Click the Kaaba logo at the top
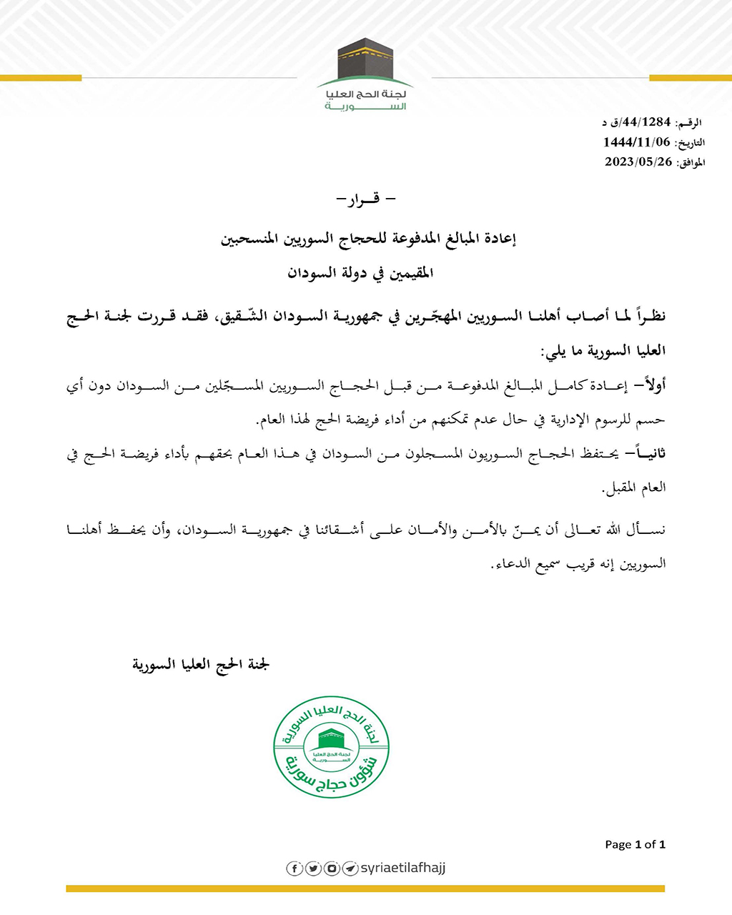(365, 61)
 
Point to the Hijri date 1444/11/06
(637, 142)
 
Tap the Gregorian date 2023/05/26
(638, 162)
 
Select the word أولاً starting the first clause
(653, 386)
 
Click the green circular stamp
(332, 747)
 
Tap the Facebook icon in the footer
(295, 869)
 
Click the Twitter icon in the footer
(313, 869)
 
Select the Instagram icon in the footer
(332, 869)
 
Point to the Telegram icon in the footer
(350, 869)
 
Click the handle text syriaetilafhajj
(403, 868)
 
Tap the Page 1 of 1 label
(635, 844)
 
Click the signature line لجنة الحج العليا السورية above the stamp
(201, 665)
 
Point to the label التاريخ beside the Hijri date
(690, 143)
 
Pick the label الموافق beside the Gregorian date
(691, 163)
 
